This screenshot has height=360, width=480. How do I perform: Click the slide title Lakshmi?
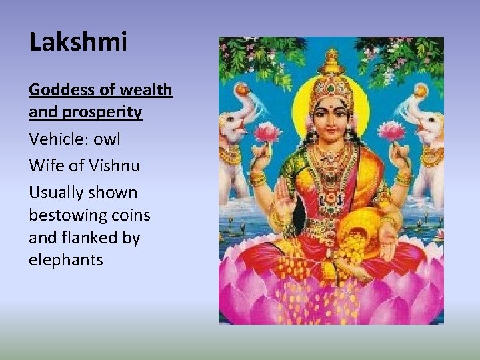[78, 42]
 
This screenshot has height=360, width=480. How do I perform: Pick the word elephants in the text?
[65, 260]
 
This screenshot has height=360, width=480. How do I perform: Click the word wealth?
[147, 90]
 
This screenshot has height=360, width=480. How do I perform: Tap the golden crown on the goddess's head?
[331, 80]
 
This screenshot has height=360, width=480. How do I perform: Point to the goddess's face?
[331, 117]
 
